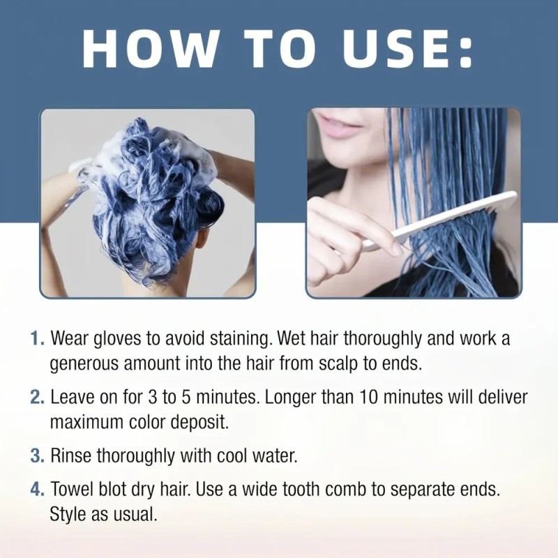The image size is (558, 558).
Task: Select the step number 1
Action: coord(37,338)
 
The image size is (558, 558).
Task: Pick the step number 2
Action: coord(37,397)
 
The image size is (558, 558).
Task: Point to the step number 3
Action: coord(37,455)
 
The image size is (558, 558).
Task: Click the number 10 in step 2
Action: coord(370,397)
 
